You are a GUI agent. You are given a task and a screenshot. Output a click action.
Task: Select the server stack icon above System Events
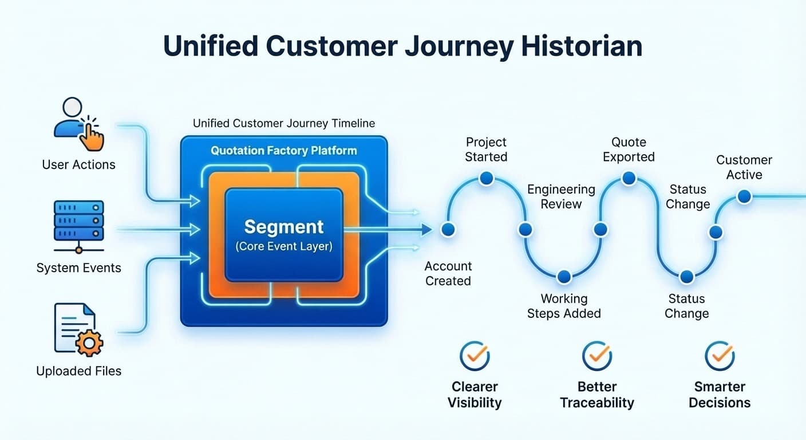[78, 225]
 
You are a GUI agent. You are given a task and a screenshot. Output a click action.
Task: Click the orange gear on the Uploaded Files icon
[89, 343]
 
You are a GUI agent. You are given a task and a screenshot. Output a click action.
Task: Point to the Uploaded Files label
[78, 371]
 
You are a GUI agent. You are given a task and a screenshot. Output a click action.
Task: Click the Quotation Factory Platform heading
[283, 151]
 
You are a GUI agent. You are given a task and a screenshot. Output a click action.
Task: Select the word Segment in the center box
[284, 227]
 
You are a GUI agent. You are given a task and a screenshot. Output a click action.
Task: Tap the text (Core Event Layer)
[284, 247]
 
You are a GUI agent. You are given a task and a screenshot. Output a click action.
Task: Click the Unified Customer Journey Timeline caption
[284, 123]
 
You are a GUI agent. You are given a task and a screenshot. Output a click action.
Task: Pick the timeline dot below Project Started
[486, 179]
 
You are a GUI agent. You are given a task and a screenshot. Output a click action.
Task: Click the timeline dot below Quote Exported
[629, 179]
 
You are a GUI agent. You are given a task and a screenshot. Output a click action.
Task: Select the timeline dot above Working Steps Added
[564, 277]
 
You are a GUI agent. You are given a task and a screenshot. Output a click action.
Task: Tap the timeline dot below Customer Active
[744, 197]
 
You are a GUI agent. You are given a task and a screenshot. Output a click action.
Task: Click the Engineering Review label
[561, 197]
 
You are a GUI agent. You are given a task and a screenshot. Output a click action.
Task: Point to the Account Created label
[448, 273]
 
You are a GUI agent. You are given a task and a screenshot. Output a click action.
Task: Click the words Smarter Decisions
[720, 394]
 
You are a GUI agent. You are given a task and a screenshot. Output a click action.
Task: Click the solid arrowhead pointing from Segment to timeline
[425, 230]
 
